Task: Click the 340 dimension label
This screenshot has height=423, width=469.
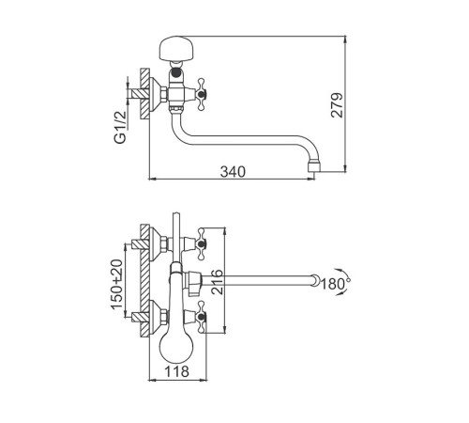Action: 233,172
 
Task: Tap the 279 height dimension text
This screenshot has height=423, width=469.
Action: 337,105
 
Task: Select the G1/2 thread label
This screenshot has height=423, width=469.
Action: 121,127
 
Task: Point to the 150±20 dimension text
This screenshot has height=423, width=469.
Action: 117,284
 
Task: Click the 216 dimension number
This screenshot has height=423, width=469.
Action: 218,282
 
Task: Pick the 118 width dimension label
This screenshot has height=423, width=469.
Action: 176,371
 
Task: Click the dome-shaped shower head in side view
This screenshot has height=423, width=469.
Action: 176,48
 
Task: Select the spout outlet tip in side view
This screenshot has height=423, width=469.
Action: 314,166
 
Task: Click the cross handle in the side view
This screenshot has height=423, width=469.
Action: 201,94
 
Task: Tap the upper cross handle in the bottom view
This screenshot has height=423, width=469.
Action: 201,243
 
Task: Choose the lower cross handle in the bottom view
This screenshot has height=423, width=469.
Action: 201,317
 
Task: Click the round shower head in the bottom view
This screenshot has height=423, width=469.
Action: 176,347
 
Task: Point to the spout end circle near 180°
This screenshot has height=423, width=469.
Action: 316,280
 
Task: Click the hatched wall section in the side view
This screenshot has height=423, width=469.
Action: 144,94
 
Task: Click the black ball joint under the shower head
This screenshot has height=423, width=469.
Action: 176,74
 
